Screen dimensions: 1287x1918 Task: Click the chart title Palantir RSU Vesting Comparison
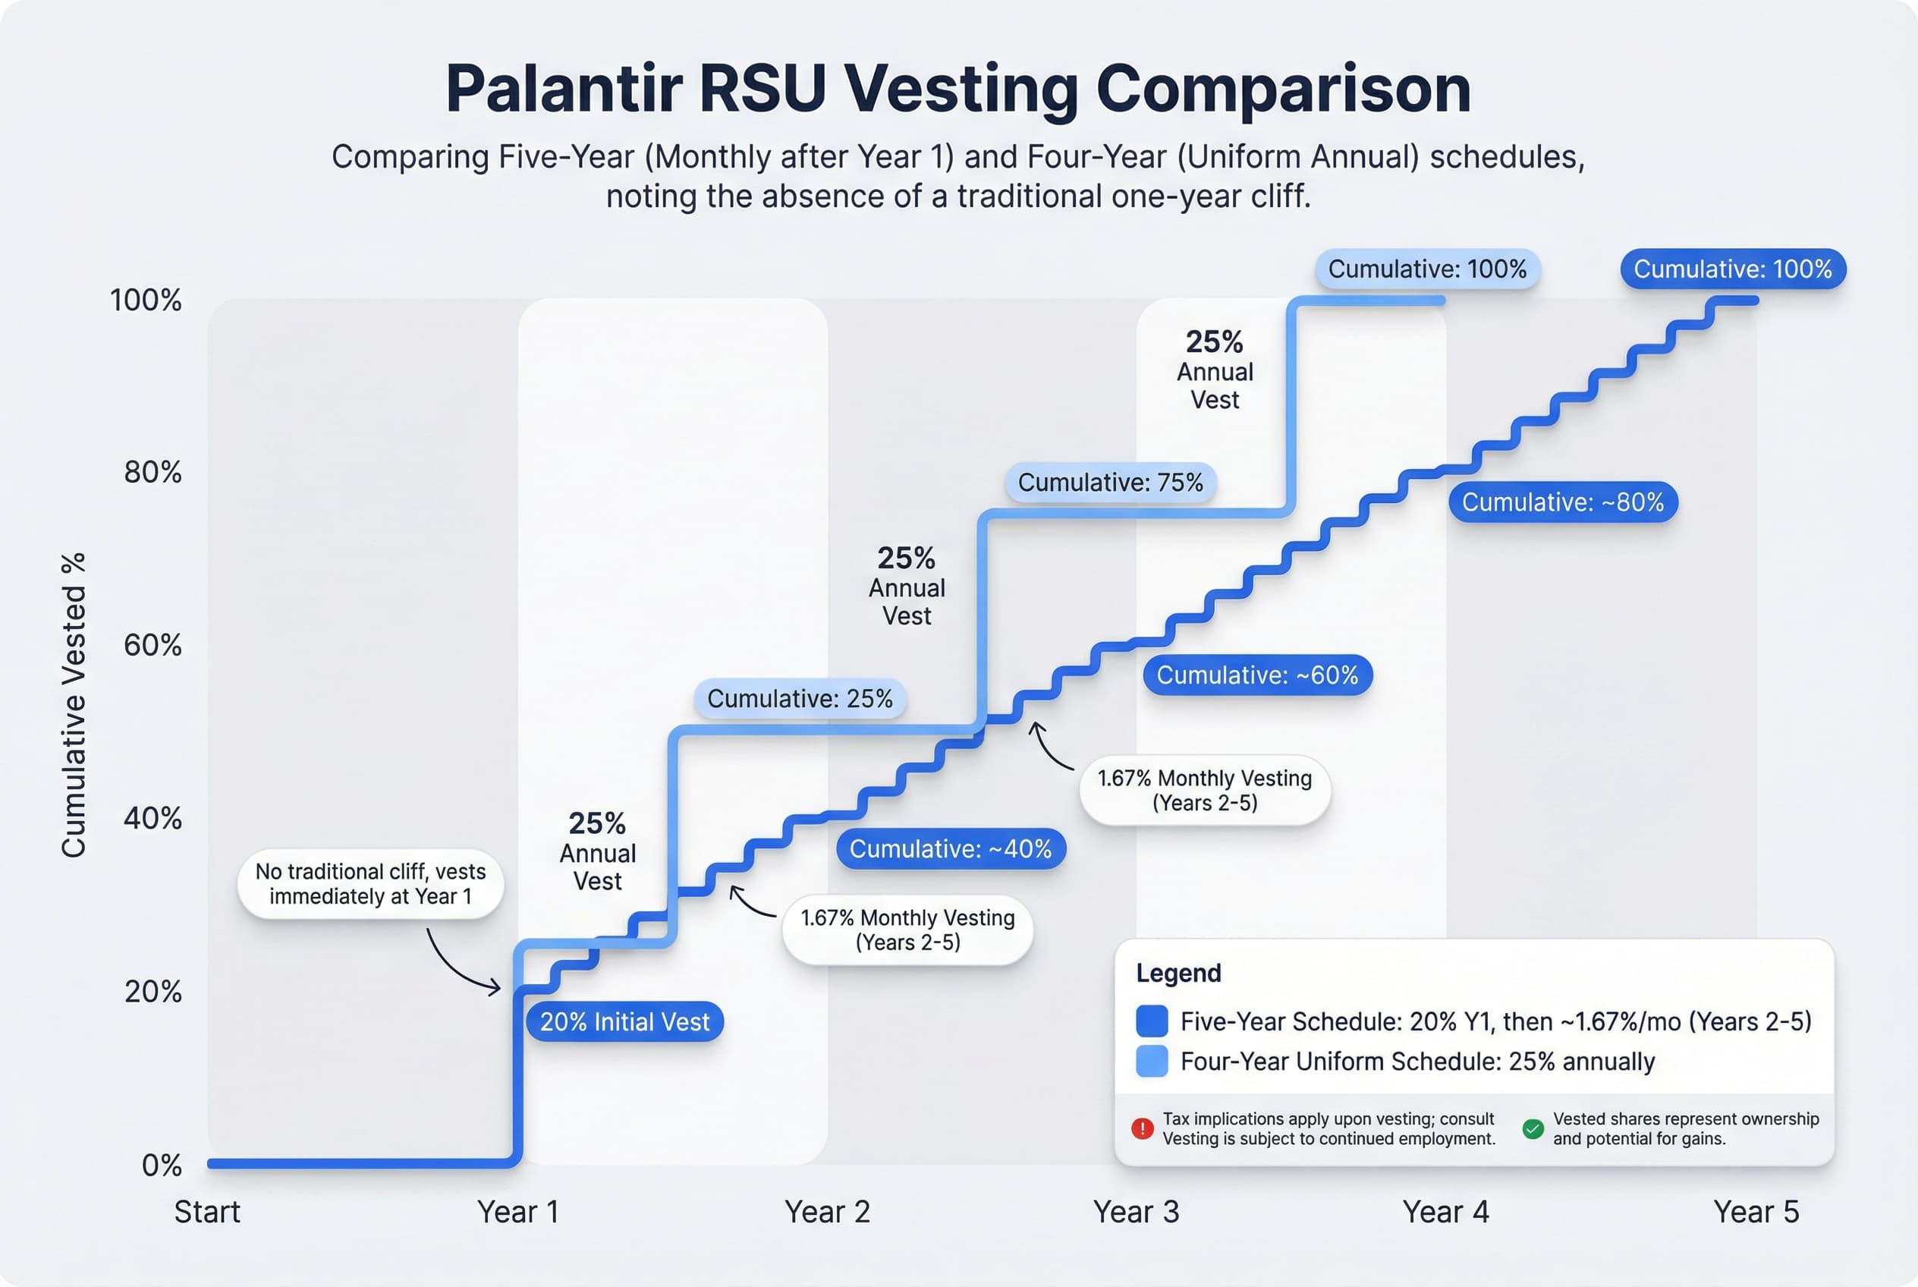pos(957,89)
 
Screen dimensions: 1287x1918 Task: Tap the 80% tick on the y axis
pos(152,472)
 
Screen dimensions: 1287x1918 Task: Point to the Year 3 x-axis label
pos(1136,1211)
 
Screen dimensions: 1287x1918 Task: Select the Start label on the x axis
pos(207,1211)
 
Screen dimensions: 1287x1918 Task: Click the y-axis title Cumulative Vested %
pos(74,706)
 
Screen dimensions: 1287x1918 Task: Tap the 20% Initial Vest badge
pos(624,1022)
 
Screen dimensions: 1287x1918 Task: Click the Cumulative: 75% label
pos(1111,482)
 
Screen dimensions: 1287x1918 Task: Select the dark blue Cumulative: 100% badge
pos(1733,269)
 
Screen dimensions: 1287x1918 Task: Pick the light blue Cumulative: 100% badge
pos(1427,269)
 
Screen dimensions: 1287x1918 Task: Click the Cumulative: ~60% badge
pos(1257,675)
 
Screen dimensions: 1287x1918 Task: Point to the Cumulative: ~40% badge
pos(951,848)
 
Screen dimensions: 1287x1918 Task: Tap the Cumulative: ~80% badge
pos(1563,502)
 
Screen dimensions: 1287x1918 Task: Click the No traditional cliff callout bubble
pos(370,883)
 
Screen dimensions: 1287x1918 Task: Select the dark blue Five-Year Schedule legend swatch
pos(1152,1021)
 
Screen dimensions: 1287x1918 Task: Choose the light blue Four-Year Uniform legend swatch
pos(1152,1062)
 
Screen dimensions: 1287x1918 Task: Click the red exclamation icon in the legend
pos(1143,1128)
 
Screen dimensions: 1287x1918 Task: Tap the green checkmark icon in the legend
pos(1533,1128)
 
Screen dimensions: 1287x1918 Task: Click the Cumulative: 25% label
pos(800,698)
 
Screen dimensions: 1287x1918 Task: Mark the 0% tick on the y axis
pos(162,1165)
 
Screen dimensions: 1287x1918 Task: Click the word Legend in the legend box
pos(1178,973)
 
